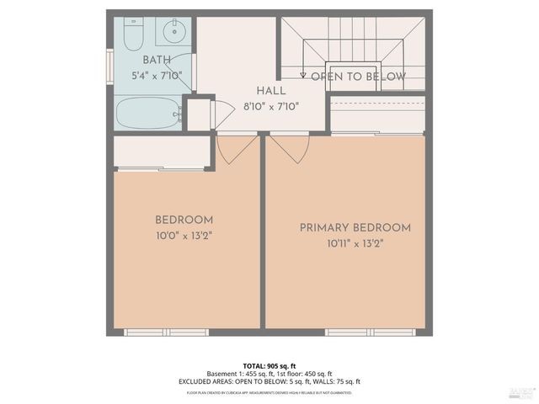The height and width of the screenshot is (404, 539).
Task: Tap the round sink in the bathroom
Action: (x=175, y=34)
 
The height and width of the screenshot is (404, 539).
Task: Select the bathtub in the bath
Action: (x=148, y=113)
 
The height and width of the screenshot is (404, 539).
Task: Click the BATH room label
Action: (x=156, y=60)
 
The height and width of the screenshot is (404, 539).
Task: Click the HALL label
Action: (x=270, y=90)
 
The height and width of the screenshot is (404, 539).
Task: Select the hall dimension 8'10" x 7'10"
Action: (x=270, y=106)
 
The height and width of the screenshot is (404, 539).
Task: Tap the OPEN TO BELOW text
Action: (x=358, y=77)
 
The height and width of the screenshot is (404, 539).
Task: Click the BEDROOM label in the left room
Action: (x=184, y=220)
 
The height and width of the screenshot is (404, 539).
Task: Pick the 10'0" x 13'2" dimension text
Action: (x=184, y=236)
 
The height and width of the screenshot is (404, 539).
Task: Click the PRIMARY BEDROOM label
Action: (x=355, y=227)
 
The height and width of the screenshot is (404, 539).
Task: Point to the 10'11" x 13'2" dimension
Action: (x=355, y=244)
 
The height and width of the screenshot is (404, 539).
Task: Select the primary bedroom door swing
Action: (x=290, y=146)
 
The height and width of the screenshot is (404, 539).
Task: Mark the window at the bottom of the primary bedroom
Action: (x=358, y=332)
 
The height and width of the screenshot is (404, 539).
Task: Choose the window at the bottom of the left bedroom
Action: (x=166, y=332)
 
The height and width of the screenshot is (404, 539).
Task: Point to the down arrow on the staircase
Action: (x=303, y=75)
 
